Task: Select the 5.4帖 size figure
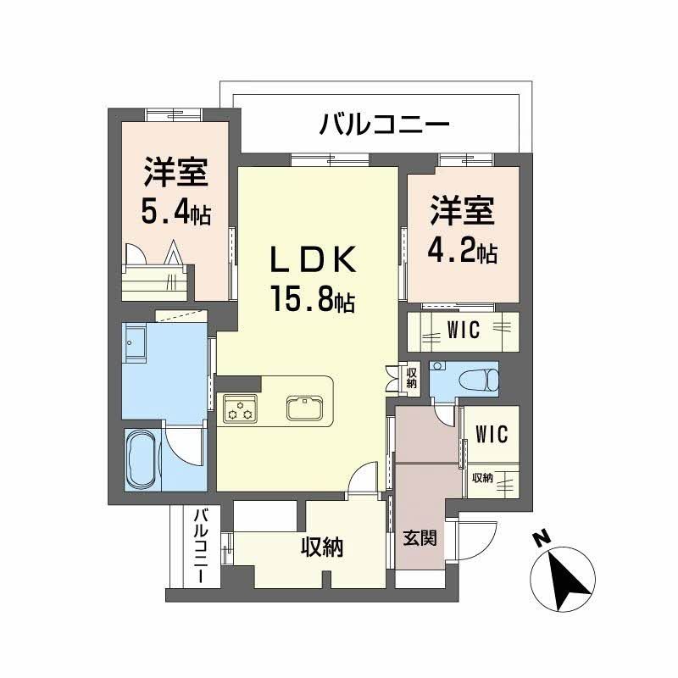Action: [x=175, y=213]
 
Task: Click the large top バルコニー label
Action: [x=384, y=126]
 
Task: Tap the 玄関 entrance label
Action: [x=420, y=536]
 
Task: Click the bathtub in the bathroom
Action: [x=142, y=458]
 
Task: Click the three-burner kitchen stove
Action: [x=239, y=408]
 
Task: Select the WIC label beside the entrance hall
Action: [x=492, y=435]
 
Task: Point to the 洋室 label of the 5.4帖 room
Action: [x=175, y=173]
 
